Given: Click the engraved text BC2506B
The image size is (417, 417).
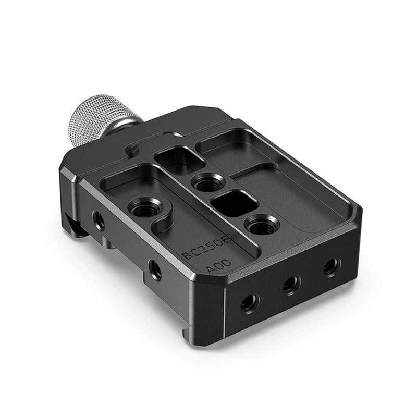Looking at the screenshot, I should (208, 246).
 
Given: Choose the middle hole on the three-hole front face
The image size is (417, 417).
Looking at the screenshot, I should (291, 284).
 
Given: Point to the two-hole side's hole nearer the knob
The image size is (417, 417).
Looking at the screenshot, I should (99, 220).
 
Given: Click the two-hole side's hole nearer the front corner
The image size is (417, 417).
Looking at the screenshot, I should (154, 269).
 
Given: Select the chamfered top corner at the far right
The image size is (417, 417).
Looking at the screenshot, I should (357, 211).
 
